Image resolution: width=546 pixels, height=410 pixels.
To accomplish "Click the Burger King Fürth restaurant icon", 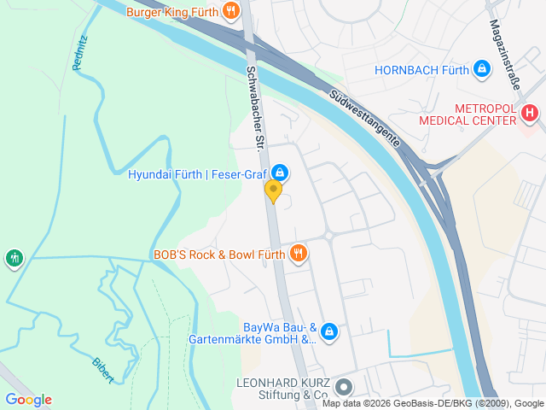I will click(x=230, y=11).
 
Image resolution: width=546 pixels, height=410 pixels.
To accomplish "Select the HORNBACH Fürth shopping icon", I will click(x=482, y=68).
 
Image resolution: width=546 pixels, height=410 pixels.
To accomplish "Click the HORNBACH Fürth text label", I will click(x=421, y=70).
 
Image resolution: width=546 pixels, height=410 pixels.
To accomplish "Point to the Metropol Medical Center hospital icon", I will click(x=530, y=113).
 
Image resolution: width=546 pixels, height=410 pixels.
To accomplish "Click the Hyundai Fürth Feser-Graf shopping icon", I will click(x=279, y=173).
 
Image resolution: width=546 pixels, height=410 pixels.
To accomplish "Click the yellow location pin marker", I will click(x=273, y=190).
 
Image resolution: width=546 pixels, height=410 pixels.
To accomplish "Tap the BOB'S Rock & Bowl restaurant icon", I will click(x=298, y=253).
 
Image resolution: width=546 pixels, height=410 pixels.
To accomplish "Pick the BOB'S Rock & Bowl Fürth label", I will click(x=219, y=254).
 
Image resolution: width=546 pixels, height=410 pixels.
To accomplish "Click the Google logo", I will click(x=28, y=399).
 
